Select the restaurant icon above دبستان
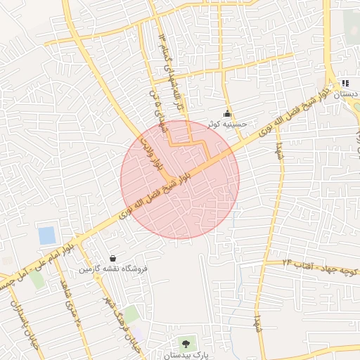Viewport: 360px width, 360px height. coord(345,83)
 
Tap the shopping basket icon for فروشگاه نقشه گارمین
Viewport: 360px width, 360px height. coord(114,258)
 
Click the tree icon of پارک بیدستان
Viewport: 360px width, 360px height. coord(186,344)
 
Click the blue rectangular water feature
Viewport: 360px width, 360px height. coord(47,236)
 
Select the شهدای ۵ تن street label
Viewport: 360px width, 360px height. coord(153,105)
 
